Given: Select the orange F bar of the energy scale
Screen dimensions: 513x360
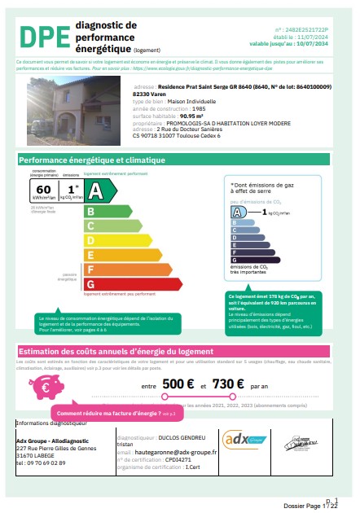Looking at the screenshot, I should coord(112,269).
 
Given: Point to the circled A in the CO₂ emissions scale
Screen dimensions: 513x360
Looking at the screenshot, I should coord(238,212).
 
